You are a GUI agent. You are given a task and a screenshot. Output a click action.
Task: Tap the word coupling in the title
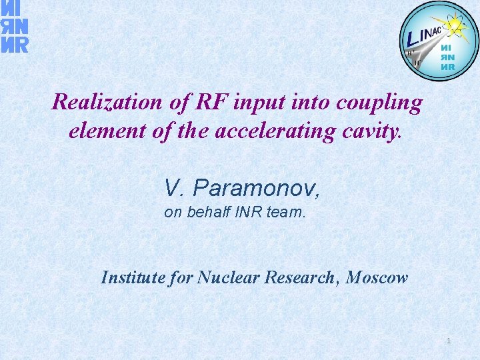click(381, 103)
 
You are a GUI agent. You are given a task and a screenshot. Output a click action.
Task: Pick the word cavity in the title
click(371, 131)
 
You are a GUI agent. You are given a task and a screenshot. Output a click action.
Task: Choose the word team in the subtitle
click(287, 214)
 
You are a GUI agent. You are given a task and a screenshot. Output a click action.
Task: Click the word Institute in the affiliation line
click(133, 277)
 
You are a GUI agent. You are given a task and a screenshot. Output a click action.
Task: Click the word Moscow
click(378, 277)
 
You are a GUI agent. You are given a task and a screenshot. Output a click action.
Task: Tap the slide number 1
click(449, 341)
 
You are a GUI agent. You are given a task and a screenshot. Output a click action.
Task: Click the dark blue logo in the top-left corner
click(14, 27)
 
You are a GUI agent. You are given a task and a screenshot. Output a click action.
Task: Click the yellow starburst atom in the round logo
click(457, 27)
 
